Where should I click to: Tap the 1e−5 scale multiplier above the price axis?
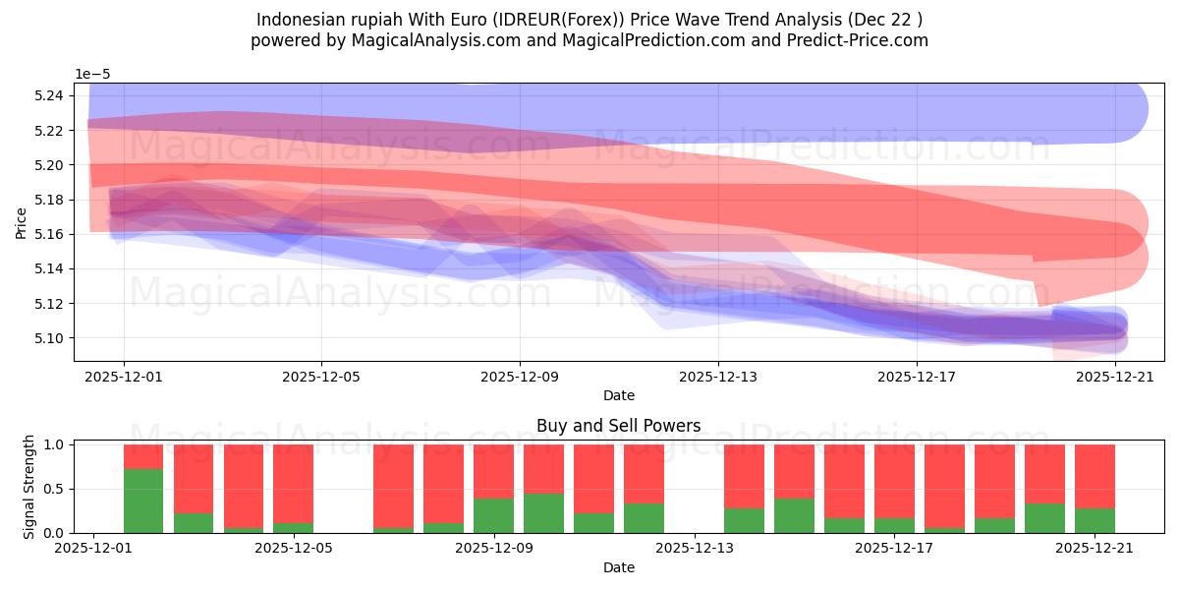tap(94, 74)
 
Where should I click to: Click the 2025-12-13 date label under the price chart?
tap(718, 376)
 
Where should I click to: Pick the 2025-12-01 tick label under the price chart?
tap(124, 376)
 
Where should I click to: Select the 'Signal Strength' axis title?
tap(28, 488)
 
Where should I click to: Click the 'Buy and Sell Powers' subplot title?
tap(618, 426)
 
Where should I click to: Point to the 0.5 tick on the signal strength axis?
tap(54, 489)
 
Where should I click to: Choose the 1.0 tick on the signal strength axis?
tap(54, 444)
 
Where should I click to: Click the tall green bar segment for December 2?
tap(143, 501)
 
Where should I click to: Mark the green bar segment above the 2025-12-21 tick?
tap(1095, 520)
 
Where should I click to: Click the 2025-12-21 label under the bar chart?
tap(1095, 549)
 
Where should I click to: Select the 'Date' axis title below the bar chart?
tap(618, 567)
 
